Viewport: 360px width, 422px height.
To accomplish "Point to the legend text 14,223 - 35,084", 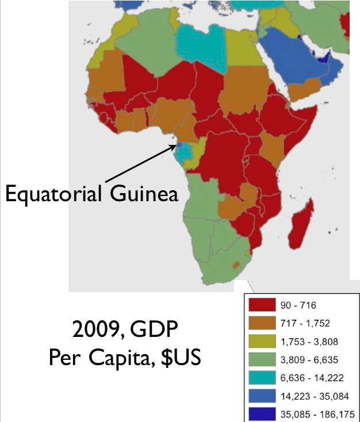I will (x=314, y=396).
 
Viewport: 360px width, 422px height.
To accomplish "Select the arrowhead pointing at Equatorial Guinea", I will (x=174, y=145).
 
